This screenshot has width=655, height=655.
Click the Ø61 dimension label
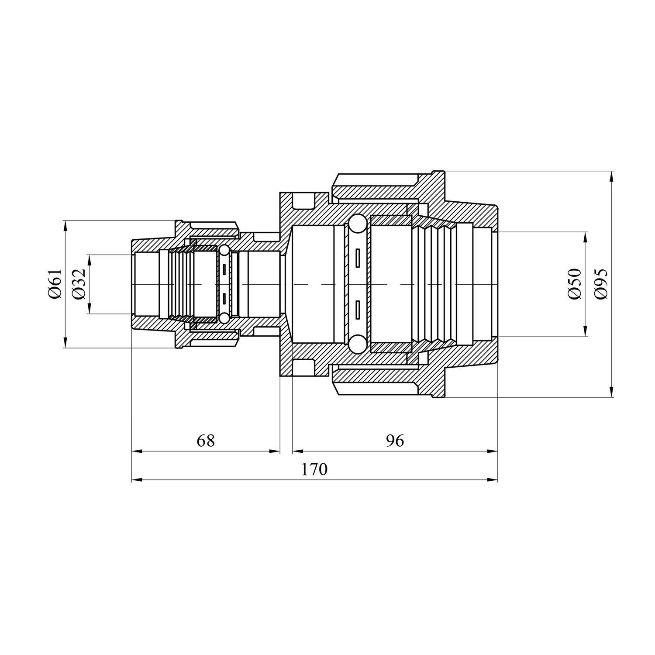[x=55, y=284]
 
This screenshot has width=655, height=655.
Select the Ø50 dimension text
[x=575, y=284]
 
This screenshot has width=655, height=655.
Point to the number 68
[x=206, y=441]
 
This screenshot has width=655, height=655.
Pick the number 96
[x=395, y=441]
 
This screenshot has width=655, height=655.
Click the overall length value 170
[x=314, y=469]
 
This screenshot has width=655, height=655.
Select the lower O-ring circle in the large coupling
[x=357, y=344]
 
